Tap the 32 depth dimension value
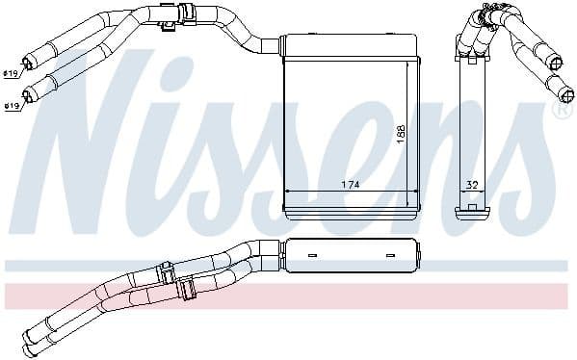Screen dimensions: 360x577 [x=472, y=184]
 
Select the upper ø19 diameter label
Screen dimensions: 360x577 [x=11, y=73]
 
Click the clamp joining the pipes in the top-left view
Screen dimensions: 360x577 [x=170, y=16]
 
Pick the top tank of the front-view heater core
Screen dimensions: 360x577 [x=350, y=44]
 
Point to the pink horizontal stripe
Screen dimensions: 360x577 [x=289, y=294]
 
